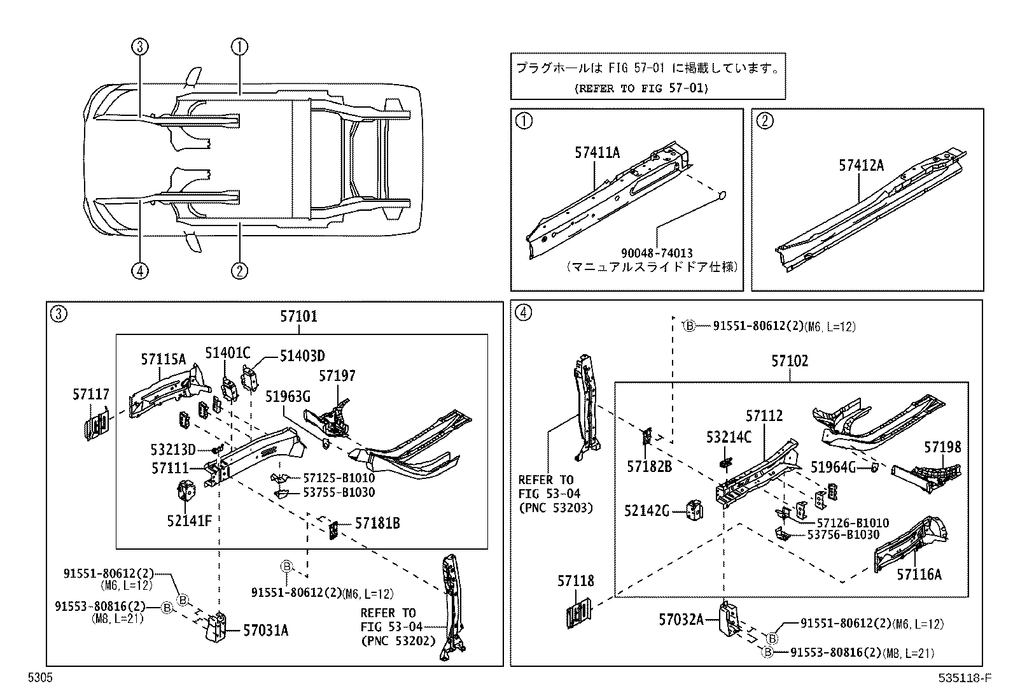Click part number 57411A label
(596, 153)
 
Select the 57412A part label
(861, 166)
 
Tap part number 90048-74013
(658, 254)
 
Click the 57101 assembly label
(298, 316)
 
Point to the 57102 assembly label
(790, 361)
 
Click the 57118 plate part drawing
(579, 612)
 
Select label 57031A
(265, 631)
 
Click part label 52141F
(189, 521)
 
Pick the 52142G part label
(646, 511)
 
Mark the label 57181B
(377, 523)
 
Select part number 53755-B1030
(339, 492)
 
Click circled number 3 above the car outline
(141, 46)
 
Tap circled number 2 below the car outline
(239, 271)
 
